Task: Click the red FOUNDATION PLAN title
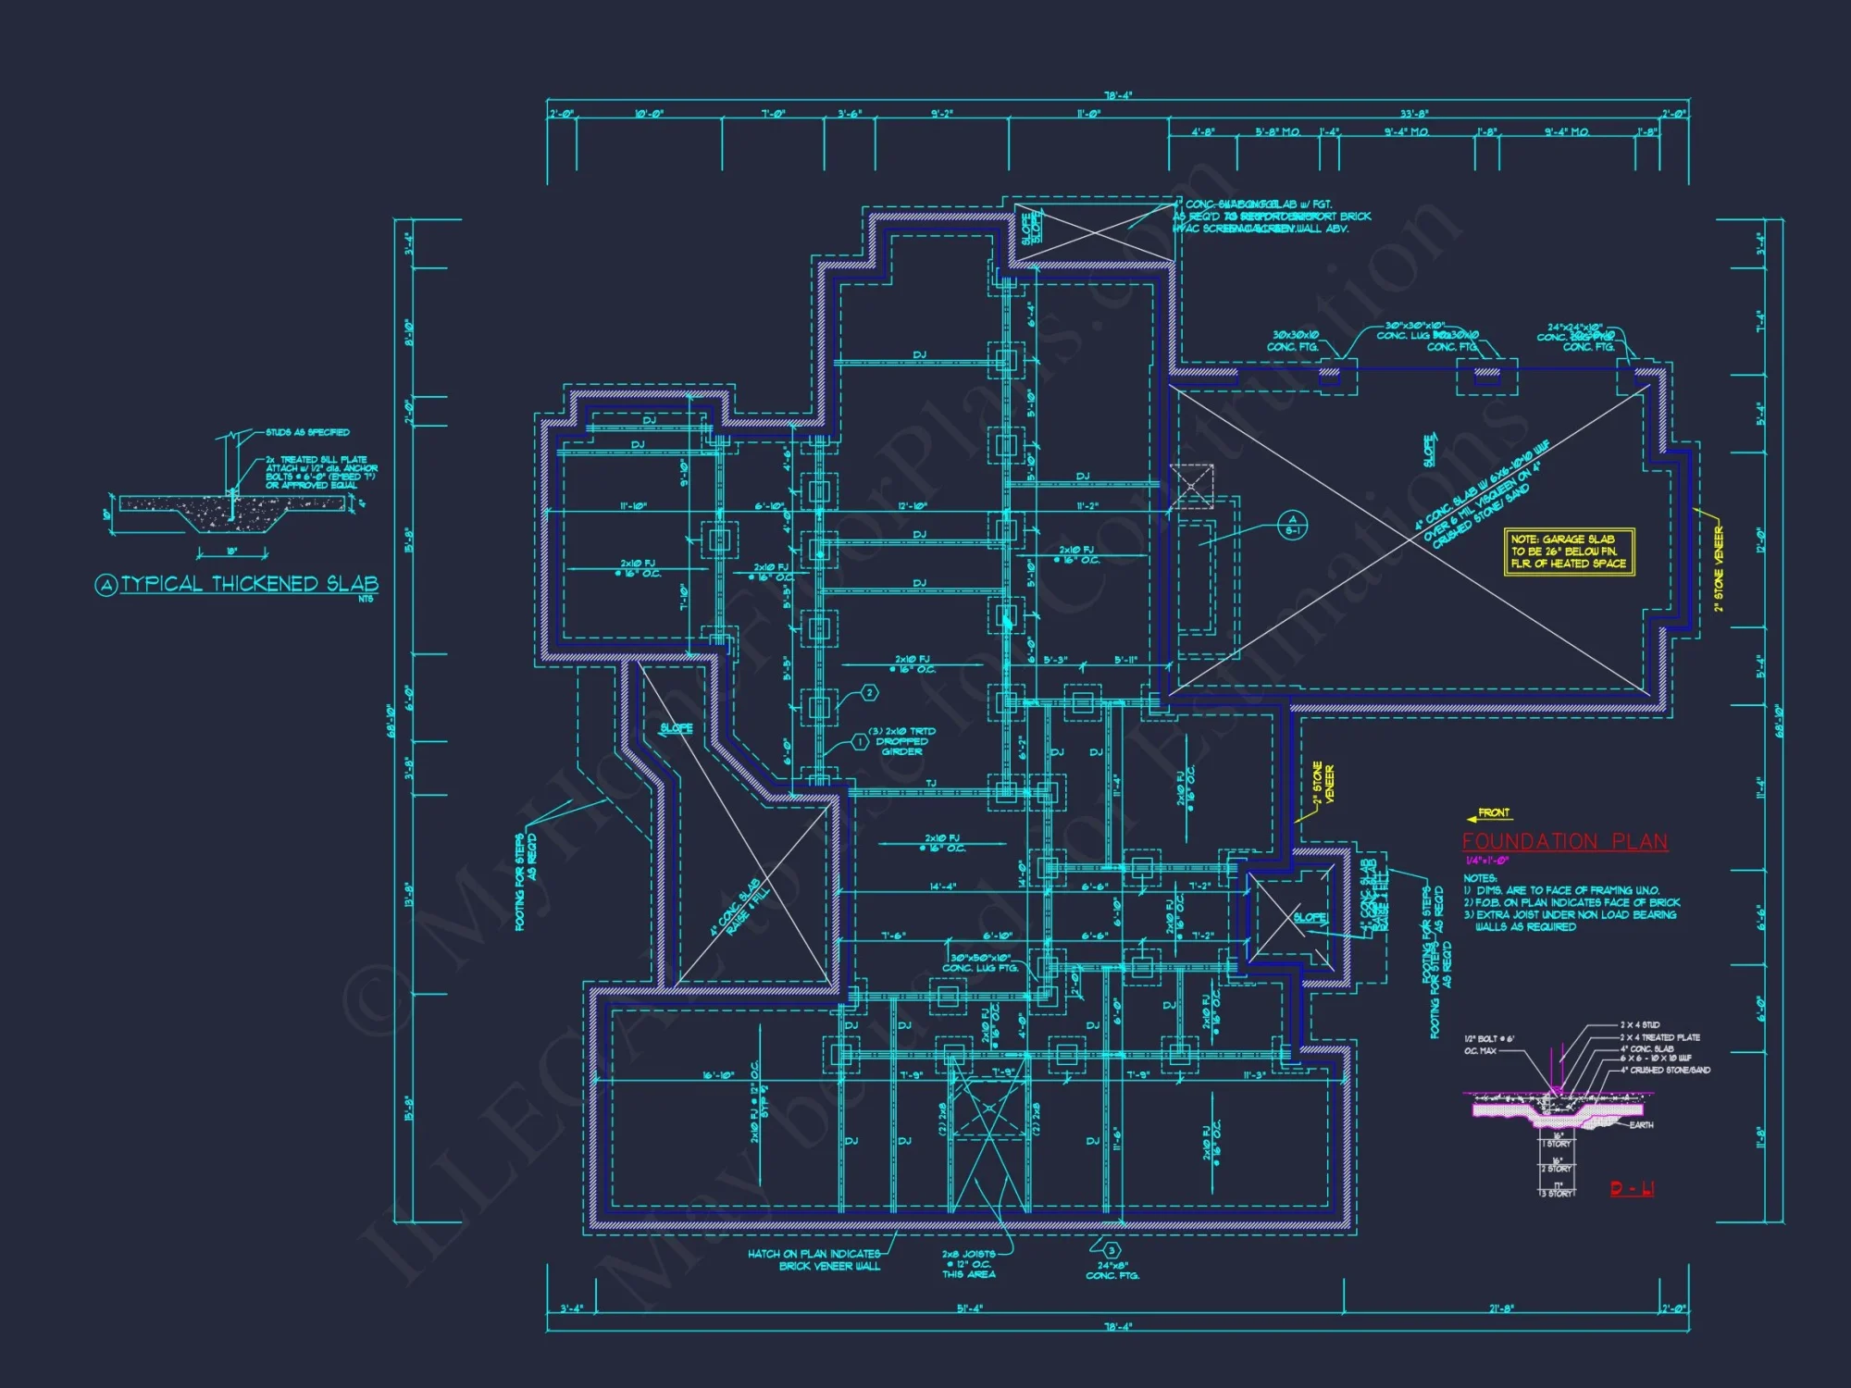pyautogui.click(x=1565, y=842)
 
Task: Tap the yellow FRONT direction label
pyautogui.click(x=1493, y=812)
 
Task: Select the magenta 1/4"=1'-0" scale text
pyautogui.click(x=1486, y=861)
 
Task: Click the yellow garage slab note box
pyautogui.click(x=1569, y=551)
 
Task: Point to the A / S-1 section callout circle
pyautogui.click(x=1292, y=525)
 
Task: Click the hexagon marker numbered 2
pyautogui.click(x=869, y=692)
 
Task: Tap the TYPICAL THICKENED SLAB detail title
pyautogui.click(x=248, y=584)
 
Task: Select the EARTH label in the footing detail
pyautogui.click(x=1641, y=1125)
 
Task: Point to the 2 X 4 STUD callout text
pyautogui.click(x=1639, y=1025)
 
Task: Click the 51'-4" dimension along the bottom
pyautogui.click(x=969, y=1308)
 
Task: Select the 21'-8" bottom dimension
pyautogui.click(x=1501, y=1308)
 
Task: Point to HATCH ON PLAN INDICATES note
pyautogui.click(x=814, y=1254)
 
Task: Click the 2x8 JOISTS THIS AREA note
pyautogui.click(x=968, y=1264)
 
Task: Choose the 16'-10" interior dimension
pyautogui.click(x=718, y=1075)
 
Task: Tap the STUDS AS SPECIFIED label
pyautogui.click(x=307, y=432)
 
